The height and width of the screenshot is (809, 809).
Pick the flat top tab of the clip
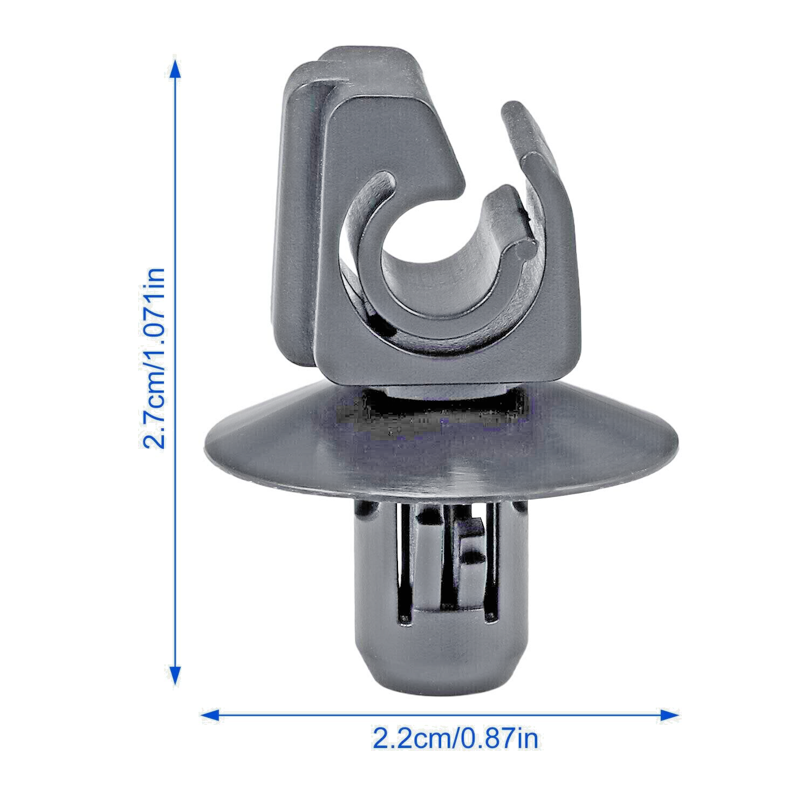[372, 65]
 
